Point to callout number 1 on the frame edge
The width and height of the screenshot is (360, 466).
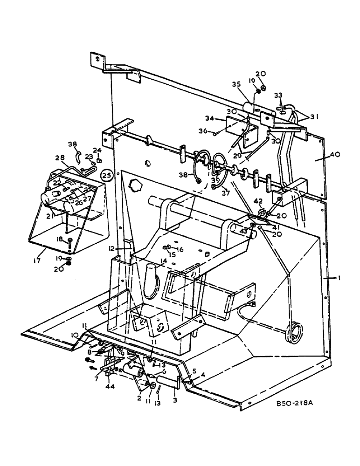(x=339, y=278)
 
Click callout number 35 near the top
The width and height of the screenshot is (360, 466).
(x=236, y=84)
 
